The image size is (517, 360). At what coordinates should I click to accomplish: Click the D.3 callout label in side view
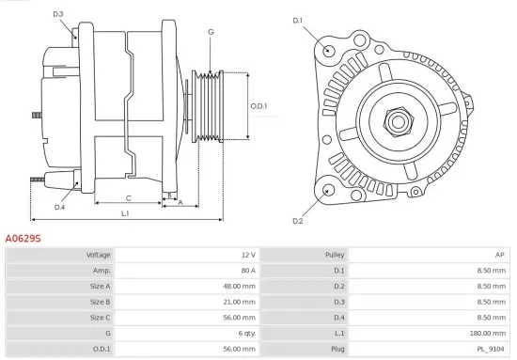coord(58,14)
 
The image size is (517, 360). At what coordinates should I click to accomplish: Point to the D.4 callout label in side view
coord(59,207)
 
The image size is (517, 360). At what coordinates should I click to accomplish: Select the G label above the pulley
coord(211,32)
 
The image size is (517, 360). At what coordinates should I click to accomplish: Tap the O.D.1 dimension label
coord(259,105)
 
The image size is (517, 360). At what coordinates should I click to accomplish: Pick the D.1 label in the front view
coord(299,20)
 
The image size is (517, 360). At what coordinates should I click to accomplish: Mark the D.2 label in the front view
coord(298,221)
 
